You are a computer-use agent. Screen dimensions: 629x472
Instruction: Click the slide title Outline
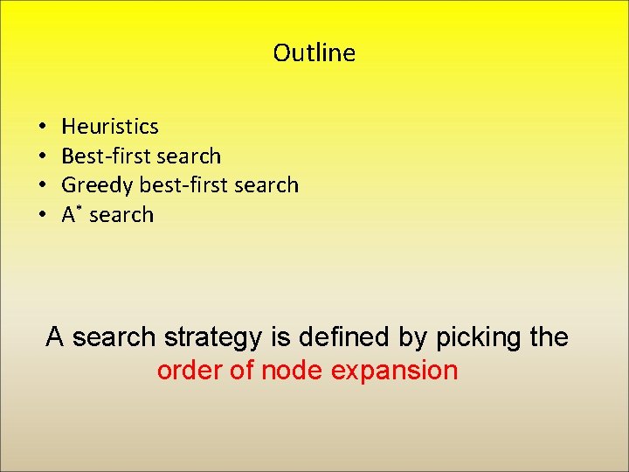click(x=314, y=53)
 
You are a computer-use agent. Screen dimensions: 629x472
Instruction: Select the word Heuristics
click(x=110, y=127)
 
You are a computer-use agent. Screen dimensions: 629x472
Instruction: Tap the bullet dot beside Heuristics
click(x=42, y=127)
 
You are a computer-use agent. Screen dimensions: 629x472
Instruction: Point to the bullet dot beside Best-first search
click(x=42, y=156)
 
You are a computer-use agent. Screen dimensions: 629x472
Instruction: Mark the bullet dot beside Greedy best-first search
click(x=42, y=185)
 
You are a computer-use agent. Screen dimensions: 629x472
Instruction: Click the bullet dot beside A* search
click(x=42, y=215)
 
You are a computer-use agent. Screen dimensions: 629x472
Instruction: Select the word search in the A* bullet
click(x=121, y=215)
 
